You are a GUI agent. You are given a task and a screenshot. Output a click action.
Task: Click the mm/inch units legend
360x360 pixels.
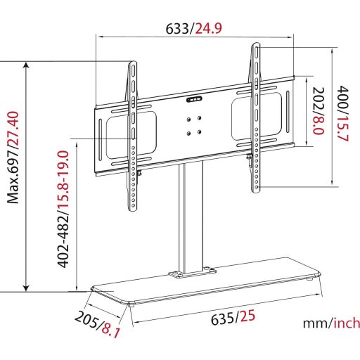point(330,324)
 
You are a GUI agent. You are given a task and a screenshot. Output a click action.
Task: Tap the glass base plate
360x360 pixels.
point(211,285)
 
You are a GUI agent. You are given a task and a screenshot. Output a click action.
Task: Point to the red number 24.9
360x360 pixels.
point(208,28)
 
